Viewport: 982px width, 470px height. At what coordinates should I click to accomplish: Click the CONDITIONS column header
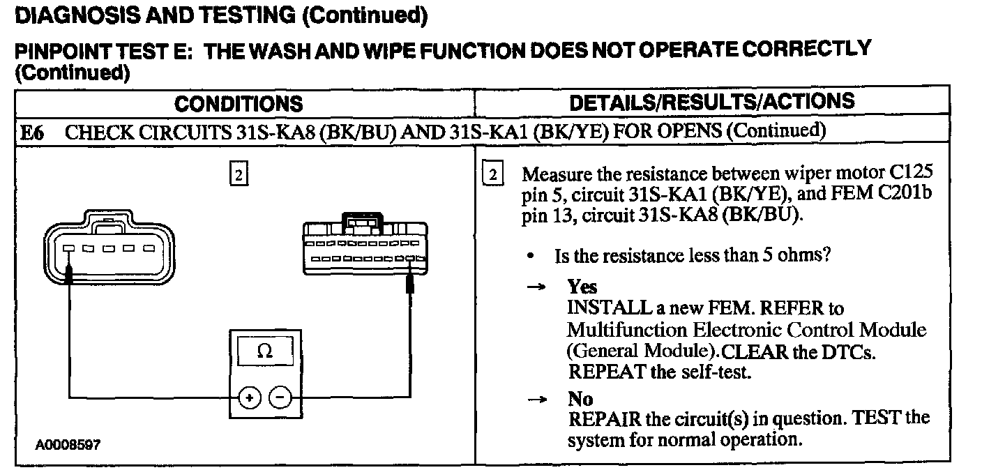pos(239,104)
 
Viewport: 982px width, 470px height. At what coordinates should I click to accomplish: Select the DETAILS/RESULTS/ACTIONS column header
pos(711,101)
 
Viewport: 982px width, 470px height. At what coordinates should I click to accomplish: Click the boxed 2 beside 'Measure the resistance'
pos(492,174)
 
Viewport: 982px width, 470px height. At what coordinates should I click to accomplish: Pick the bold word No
pos(580,399)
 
